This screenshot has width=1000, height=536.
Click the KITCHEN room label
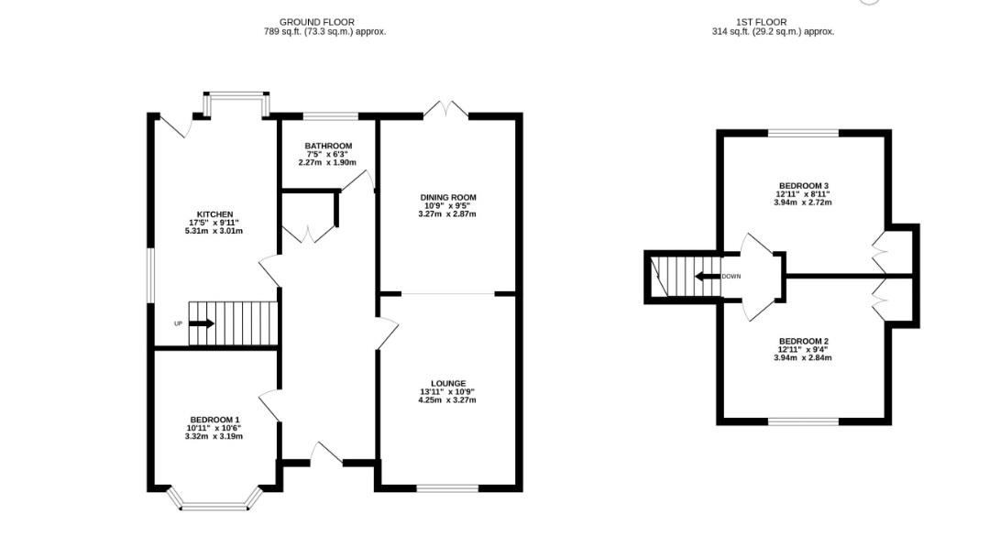pos(215,214)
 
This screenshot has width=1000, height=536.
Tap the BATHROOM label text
pos(328,146)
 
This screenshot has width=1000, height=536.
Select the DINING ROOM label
pos(448,197)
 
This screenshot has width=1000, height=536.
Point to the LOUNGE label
pos(448,383)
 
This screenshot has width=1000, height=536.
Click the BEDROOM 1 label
pos(214,419)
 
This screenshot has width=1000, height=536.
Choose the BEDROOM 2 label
pos(803,341)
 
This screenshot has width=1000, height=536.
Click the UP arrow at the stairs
pos(202,323)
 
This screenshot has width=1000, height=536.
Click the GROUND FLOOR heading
pos(316,22)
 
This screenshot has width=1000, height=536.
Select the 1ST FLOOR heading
pos(761,22)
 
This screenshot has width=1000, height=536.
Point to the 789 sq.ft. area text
pos(324,32)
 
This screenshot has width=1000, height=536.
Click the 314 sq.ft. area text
pos(773,32)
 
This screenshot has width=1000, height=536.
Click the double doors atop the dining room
pos(445,110)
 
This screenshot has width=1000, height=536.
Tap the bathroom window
pos(330,116)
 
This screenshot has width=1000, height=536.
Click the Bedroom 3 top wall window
pos(803,134)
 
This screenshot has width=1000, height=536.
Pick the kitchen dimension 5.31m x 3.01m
pos(215,231)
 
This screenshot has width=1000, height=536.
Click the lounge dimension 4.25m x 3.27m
pos(448,399)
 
